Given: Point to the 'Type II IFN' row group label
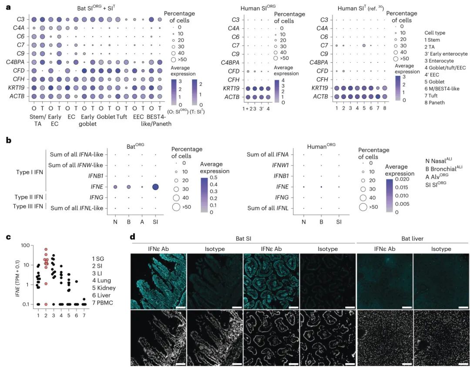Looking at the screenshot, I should (28, 197).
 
